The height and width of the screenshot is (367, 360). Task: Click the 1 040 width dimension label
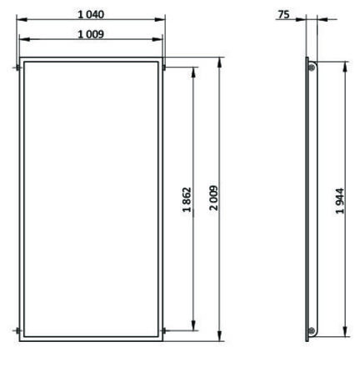91,14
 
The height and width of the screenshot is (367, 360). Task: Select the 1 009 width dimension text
91,34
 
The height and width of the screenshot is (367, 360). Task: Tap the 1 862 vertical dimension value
187,199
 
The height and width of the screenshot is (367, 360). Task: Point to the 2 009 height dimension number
214,198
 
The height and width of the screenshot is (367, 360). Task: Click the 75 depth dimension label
284,14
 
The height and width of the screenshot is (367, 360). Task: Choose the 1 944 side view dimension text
340,201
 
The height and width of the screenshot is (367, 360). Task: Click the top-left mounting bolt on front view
17,68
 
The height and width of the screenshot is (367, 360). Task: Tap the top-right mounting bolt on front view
164,68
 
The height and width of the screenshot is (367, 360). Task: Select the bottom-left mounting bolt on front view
18,330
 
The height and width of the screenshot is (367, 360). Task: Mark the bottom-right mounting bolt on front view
164,330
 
